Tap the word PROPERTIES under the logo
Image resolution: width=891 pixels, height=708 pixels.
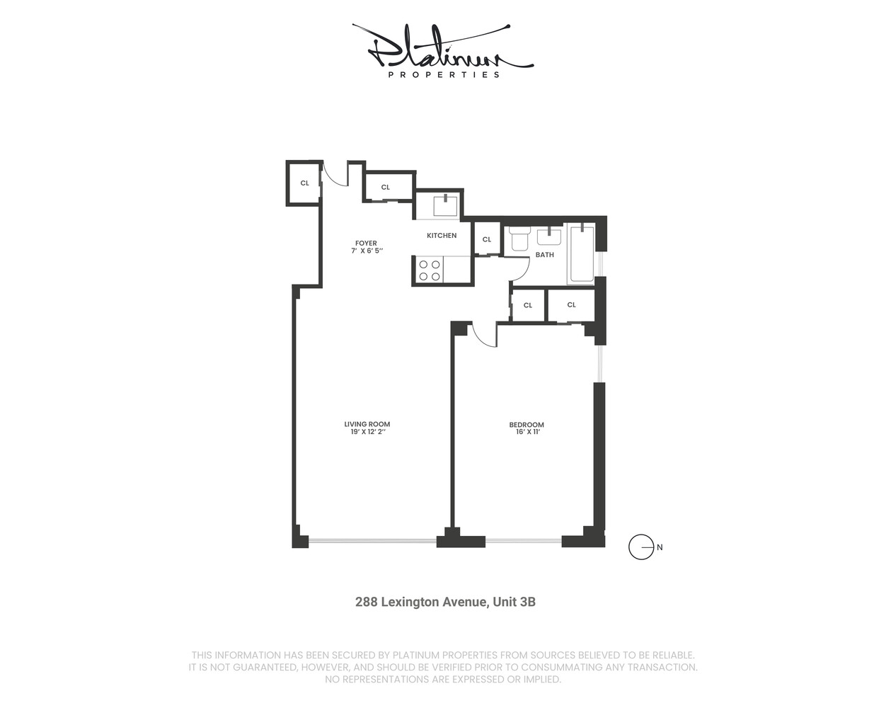click(x=444, y=74)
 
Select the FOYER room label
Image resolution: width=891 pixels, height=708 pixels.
click(x=366, y=243)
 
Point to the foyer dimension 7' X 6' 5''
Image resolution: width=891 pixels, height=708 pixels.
click(x=367, y=251)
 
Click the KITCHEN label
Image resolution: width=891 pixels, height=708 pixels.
click(x=442, y=235)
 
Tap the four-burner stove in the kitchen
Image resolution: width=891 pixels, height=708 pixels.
click(x=429, y=270)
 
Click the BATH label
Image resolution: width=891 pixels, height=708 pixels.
click(x=544, y=255)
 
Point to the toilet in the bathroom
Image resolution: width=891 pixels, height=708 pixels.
click(x=519, y=238)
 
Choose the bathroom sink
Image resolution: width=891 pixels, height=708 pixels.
click(x=549, y=236)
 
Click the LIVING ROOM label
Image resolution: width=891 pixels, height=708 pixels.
click(x=367, y=424)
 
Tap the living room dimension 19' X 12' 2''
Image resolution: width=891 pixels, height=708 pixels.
click(x=367, y=432)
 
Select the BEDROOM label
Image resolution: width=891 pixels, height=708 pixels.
click(x=527, y=425)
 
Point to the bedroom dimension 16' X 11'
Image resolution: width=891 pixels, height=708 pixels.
click(x=527, y=432)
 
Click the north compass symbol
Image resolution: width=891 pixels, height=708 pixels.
click(x=642, y=547)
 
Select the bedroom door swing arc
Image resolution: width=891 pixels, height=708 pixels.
click(x=483, y=336)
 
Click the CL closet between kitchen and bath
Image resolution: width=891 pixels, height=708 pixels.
click(x=487, y=239)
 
